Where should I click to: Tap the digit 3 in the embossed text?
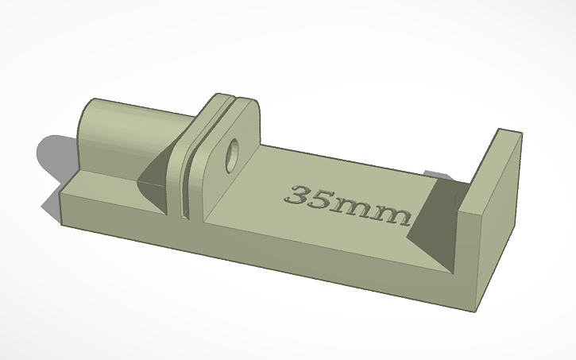tap(300, 195)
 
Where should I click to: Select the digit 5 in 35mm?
tap(322, 200)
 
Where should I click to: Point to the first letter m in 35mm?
tap(353, 209)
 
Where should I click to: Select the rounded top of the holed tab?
tap(242, 107)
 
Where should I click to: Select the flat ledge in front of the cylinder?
tap(103, 184)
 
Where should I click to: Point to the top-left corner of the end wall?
tap(498, 129)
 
